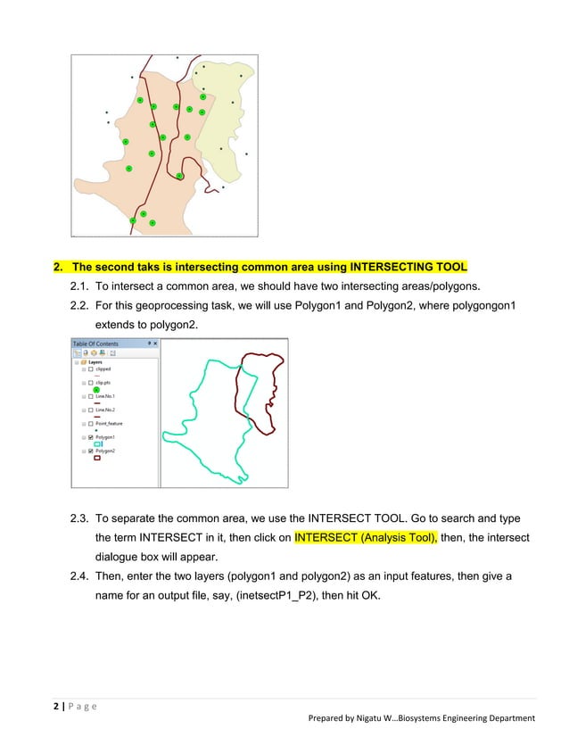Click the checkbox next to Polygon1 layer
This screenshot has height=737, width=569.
point(91,437)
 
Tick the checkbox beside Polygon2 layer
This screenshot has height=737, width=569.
point(91,451)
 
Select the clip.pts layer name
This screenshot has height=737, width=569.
point(103,382)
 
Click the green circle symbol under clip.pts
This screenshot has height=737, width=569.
point(96,389)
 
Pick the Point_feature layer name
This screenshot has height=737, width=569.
point(109,423)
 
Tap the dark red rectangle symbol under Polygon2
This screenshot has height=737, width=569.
point(97,459)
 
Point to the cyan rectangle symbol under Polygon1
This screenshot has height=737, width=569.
point(97,444)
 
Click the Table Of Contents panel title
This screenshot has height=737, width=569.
point(95,344)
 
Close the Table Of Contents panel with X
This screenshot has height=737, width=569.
point(155,344)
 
